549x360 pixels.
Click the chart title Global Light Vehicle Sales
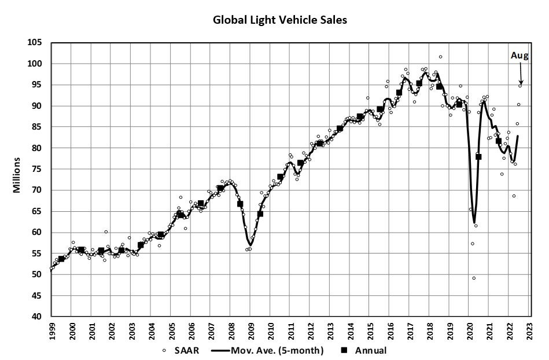pyautogui.click(x=280, y=20)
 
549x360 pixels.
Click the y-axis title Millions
pyautogui.click(x=17, y=179)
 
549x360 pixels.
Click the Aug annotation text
pyautogui.click(x=519, y=56)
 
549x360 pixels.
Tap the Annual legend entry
pyautogui.click(x=365, y=350)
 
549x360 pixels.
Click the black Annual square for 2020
pyautogui.click(x=478, y=157)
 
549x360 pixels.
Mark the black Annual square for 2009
pyautogui.click(x=260, y=214)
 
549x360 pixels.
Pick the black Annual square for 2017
pyautogui.click(x=419, y=83)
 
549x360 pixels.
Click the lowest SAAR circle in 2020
pyautogui.click(x=474, y=278)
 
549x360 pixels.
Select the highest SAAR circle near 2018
pyautogui.click(x=440, y=57)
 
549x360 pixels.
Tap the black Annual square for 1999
pyautogui.click(x=61, y=259)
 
